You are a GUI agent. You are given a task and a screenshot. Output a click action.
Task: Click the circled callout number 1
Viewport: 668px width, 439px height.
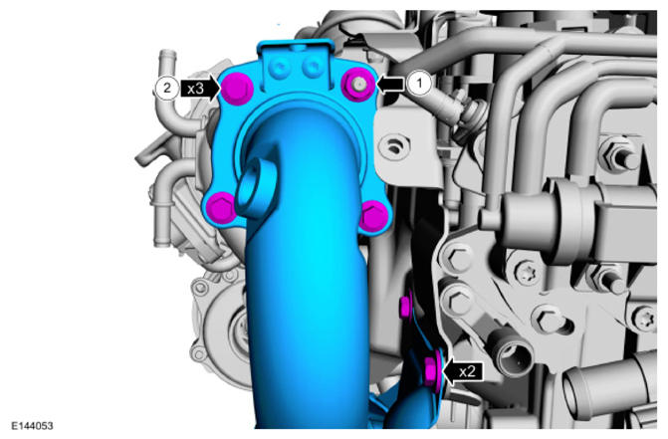(419, 83)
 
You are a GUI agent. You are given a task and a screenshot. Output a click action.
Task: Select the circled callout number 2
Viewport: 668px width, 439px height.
(167, 89)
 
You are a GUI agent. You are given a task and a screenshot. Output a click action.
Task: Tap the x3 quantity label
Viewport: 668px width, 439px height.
(195, 89)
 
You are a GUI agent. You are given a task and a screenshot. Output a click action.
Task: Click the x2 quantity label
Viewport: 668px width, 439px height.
(467, 371)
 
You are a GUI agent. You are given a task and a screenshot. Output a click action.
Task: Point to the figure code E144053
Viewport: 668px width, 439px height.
(33, 425)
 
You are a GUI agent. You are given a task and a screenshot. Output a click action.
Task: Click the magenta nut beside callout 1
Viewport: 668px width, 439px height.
(358, 85)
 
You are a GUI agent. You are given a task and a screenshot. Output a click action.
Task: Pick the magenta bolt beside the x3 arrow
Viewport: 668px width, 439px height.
(236, 89)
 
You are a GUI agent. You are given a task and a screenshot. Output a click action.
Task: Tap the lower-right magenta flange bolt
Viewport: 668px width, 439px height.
(372, 217)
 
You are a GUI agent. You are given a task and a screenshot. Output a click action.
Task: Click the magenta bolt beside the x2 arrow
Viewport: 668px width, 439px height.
(432, 368)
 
